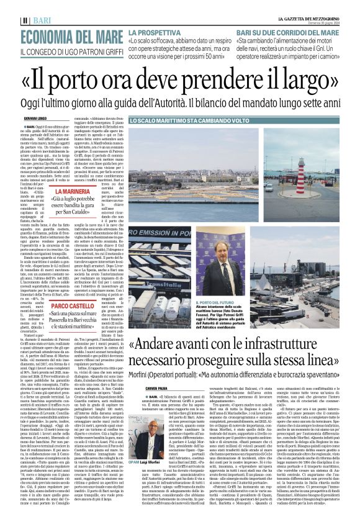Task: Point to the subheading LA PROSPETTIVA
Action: [156, 31]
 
